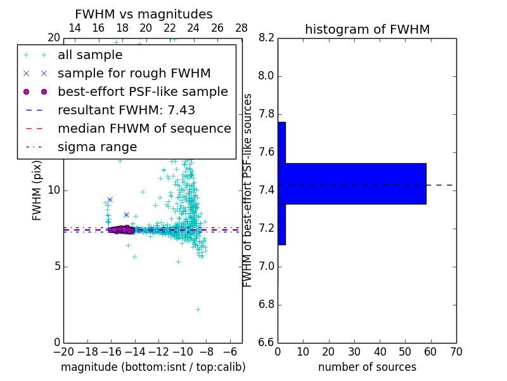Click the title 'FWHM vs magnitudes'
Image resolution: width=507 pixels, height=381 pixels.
144,15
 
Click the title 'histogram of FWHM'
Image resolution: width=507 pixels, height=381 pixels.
367,29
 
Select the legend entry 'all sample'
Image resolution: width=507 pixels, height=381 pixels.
90,55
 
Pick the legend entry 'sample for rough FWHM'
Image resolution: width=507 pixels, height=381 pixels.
134,74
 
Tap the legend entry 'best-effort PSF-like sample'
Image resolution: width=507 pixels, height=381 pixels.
143,92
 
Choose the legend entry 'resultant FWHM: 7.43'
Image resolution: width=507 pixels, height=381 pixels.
126,110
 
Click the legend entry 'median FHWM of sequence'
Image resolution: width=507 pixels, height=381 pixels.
144,129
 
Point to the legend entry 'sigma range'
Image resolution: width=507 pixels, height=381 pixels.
97,147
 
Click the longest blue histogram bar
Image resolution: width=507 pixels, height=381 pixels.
352,184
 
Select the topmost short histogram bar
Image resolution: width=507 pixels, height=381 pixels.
281,143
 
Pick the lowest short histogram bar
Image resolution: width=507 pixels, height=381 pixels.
281,224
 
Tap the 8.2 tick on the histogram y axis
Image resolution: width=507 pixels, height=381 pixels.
266,38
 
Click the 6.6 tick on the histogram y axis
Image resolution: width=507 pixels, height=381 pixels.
266,342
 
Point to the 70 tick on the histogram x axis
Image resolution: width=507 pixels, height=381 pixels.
456,351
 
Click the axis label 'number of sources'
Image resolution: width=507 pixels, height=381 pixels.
367,367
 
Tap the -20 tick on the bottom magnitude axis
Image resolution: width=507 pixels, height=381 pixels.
63,351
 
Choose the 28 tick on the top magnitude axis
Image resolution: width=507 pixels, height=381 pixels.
241,28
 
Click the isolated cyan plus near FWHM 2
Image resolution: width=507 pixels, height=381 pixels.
198,309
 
